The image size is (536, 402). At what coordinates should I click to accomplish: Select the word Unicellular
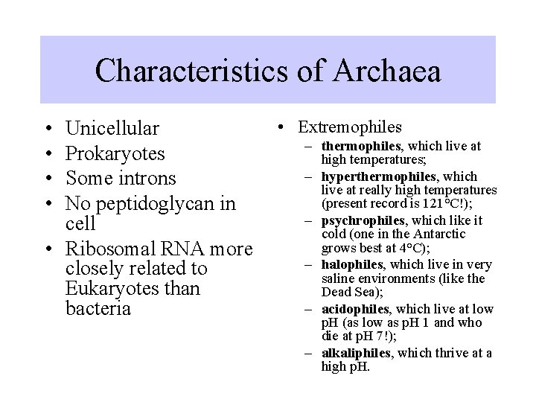[112, 129]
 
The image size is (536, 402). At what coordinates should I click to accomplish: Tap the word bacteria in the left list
[99, 308]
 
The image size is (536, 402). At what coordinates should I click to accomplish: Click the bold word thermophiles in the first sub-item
[359, 147]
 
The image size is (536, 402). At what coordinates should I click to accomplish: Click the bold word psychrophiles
[360, 220]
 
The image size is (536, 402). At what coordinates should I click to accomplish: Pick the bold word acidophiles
[354, 308]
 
